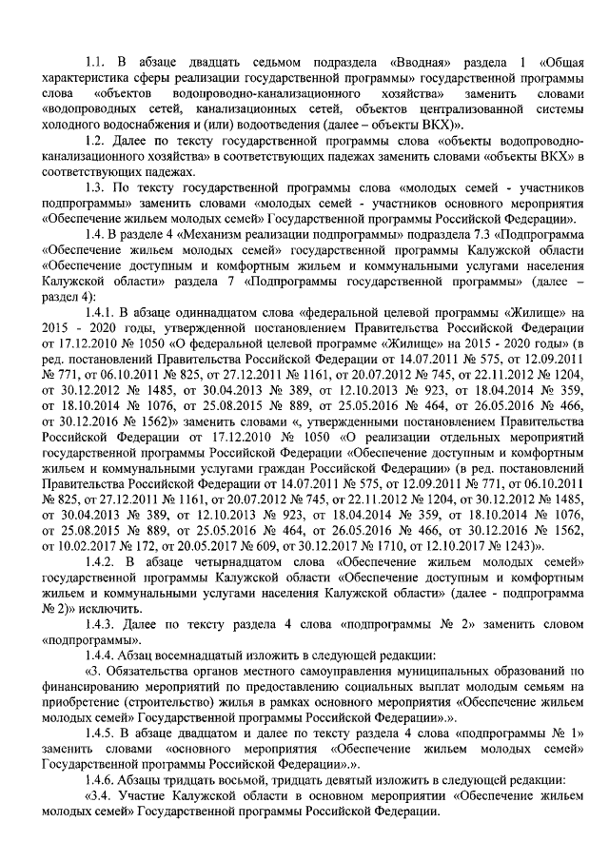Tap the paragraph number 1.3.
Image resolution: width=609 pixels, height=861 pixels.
click(94, 186)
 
